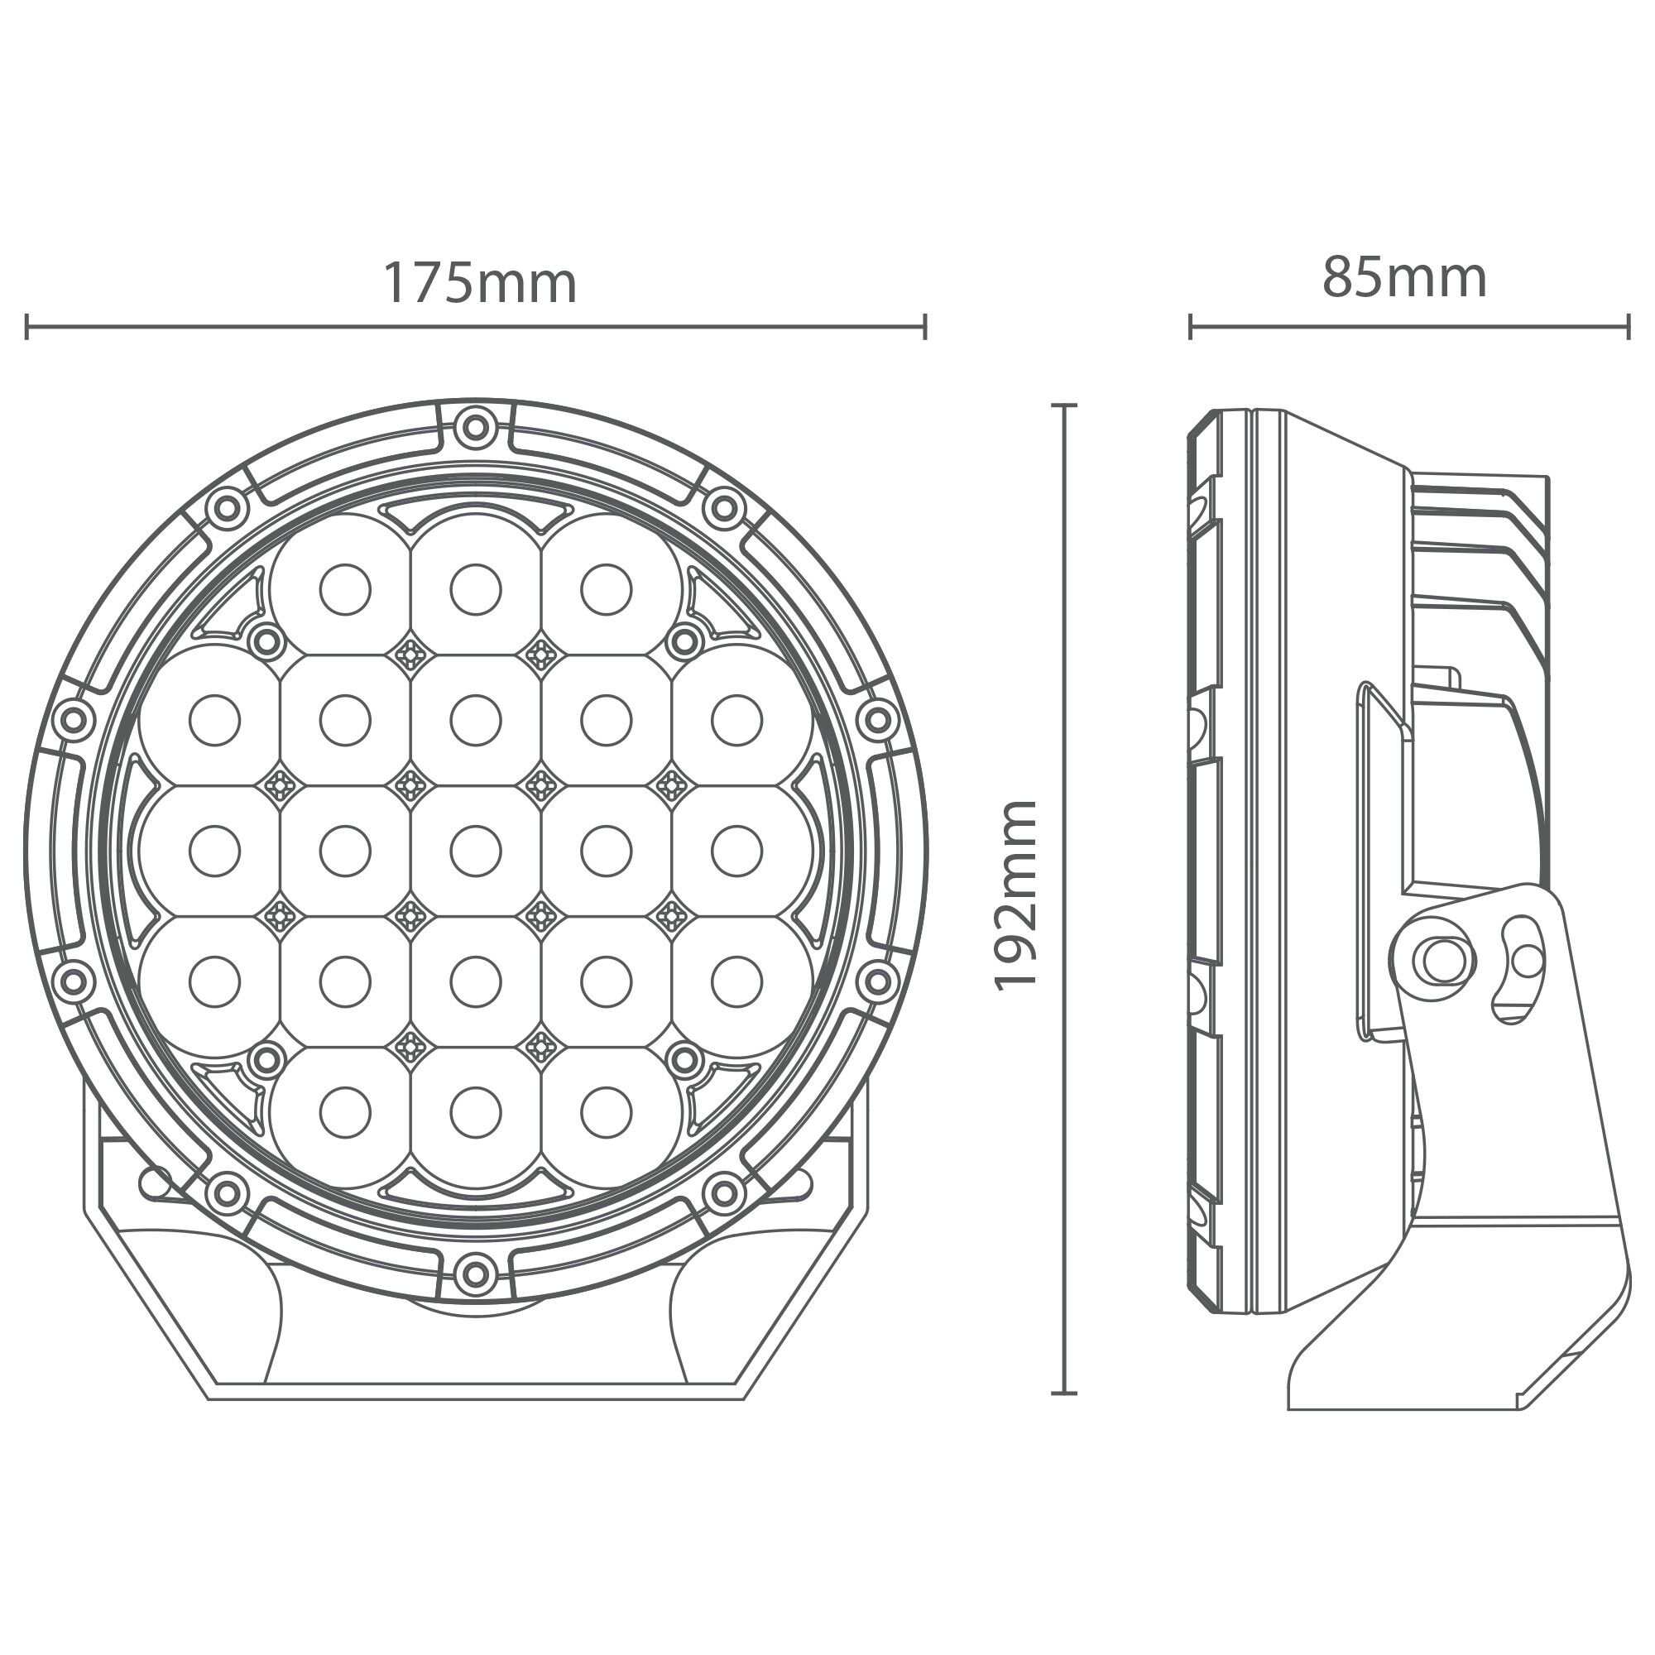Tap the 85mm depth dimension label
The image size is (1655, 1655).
click(x=1404, y=279)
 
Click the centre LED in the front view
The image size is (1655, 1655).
click(x=476, y=851)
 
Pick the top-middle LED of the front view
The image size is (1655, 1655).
click(x=476, y=590)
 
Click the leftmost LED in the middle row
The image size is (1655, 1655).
click(x=214, y=851)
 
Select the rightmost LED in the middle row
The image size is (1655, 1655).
click(x=736, y=851)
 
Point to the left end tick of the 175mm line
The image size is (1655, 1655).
click(x=27, y=326)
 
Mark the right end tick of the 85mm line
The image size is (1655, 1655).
click(x=1628, y=326)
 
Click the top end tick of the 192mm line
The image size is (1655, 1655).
click(x=1064, y=405)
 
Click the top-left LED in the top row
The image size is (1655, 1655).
click(x=344, y=590)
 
